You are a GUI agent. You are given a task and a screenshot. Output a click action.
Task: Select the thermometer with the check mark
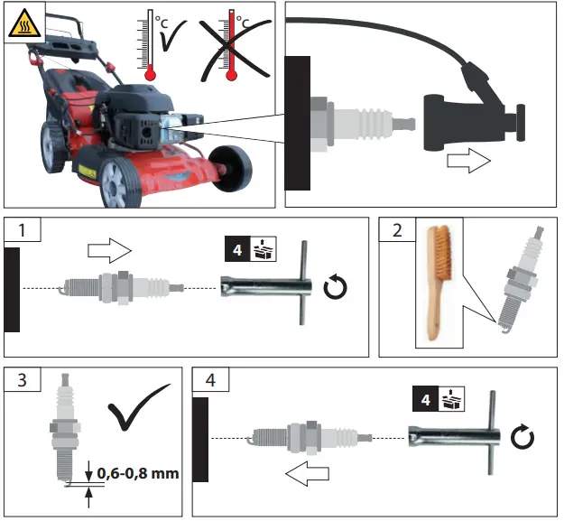(x=151, y=46)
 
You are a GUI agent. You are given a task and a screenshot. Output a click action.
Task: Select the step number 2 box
(x=393, y=230)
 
